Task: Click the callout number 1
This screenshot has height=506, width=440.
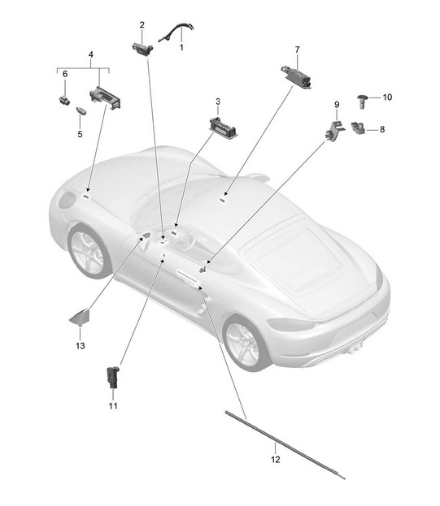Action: pyautogui.click(x=181, y=47)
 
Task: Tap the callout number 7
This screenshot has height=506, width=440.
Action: pyautogui.click(x=297, y=50)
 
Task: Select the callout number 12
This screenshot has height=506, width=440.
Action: pyautogui.click(x=276, y=459)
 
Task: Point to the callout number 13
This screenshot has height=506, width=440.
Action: pyautogui.click(x=81, y=346)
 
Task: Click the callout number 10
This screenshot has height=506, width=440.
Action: pyautogui.click(x=387, y=97)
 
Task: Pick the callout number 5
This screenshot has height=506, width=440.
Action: pyautogui.click(x=81, y=134)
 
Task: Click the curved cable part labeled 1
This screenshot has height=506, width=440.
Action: pyautogui.click(x=176, y=32)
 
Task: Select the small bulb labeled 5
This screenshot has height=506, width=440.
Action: pyautogui.click(x=81, y=110)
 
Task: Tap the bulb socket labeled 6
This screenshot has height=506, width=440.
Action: pyautogui.click(x=64, y=101)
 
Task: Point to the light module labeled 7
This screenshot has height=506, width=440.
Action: pyautogui.click(x=296, y=77)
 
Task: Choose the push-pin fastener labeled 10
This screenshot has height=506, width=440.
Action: pyautogui.click(x=363, y=102)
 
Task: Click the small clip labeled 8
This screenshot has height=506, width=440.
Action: pyautogui.click(x=359, y=128)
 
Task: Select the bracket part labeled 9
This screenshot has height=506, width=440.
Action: pyautogui.click(x=334, y=130)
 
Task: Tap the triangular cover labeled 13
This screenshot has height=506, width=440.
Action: pyautogui.click(x=80, y=317)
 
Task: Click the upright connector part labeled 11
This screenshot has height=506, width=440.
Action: pyautogui.click(x=113, y=377)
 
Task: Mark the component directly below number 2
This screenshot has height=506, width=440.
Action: pyautogui.click(x=142, y=49)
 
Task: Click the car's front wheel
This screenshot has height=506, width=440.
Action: pyautogui.click(x=87, y=253)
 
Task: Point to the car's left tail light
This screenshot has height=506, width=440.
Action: pyautogui.click(x=290, y=324)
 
